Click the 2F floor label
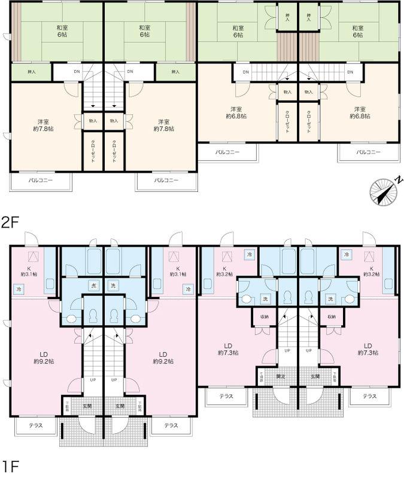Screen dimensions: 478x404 point(10,223)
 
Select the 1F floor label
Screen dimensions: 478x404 point(10,465)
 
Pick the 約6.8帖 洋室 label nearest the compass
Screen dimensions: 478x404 point(359,112)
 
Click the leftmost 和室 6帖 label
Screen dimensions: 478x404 point(62,31)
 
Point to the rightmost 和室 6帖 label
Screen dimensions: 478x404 point(357,31)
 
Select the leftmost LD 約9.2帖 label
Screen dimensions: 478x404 point(44,357)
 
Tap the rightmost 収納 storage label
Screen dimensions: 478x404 point(331,316)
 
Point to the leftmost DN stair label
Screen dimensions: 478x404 point(77,72)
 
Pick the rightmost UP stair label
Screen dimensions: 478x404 point(308,351)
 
